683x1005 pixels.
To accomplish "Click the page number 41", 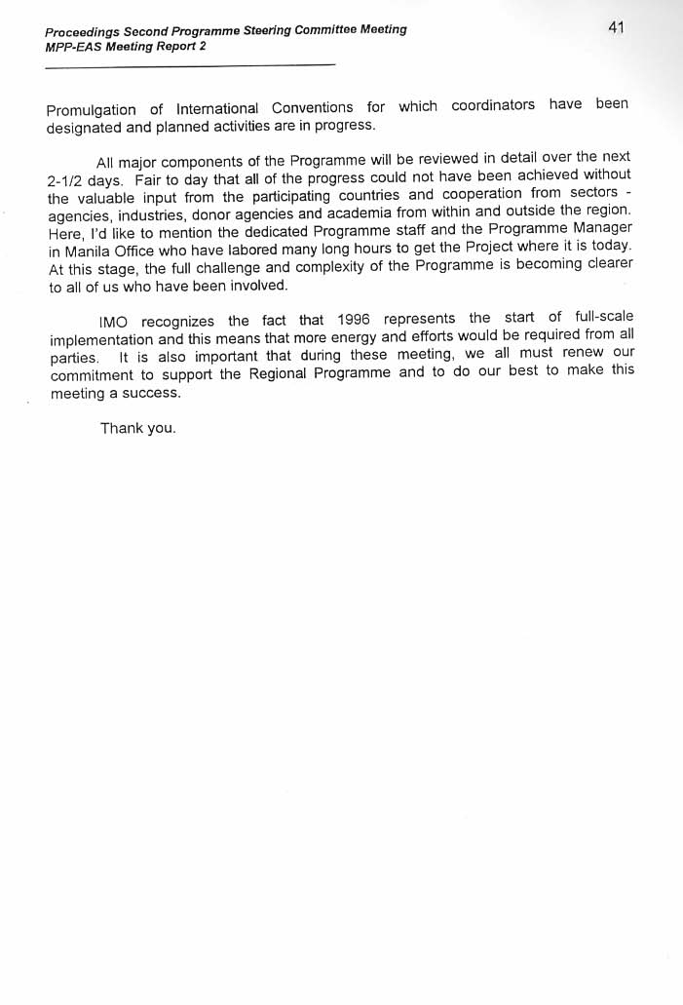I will point(616,28).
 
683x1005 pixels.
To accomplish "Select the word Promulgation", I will point(92,109).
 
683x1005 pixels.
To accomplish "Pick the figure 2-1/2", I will point(68,182).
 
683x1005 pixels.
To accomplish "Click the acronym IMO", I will point(114,323).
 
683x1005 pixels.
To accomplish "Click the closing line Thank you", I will point(137,429).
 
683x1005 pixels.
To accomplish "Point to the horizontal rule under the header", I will point(190,65).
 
